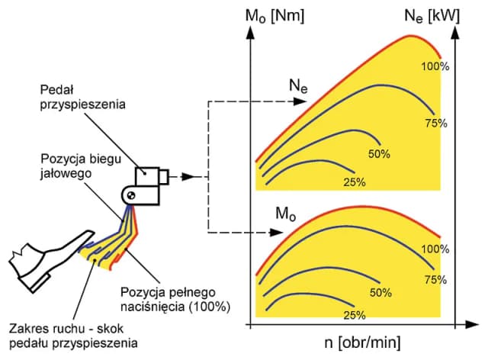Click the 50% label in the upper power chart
379,153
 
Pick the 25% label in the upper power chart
355,182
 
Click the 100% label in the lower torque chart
434,249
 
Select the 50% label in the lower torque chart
380,292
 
